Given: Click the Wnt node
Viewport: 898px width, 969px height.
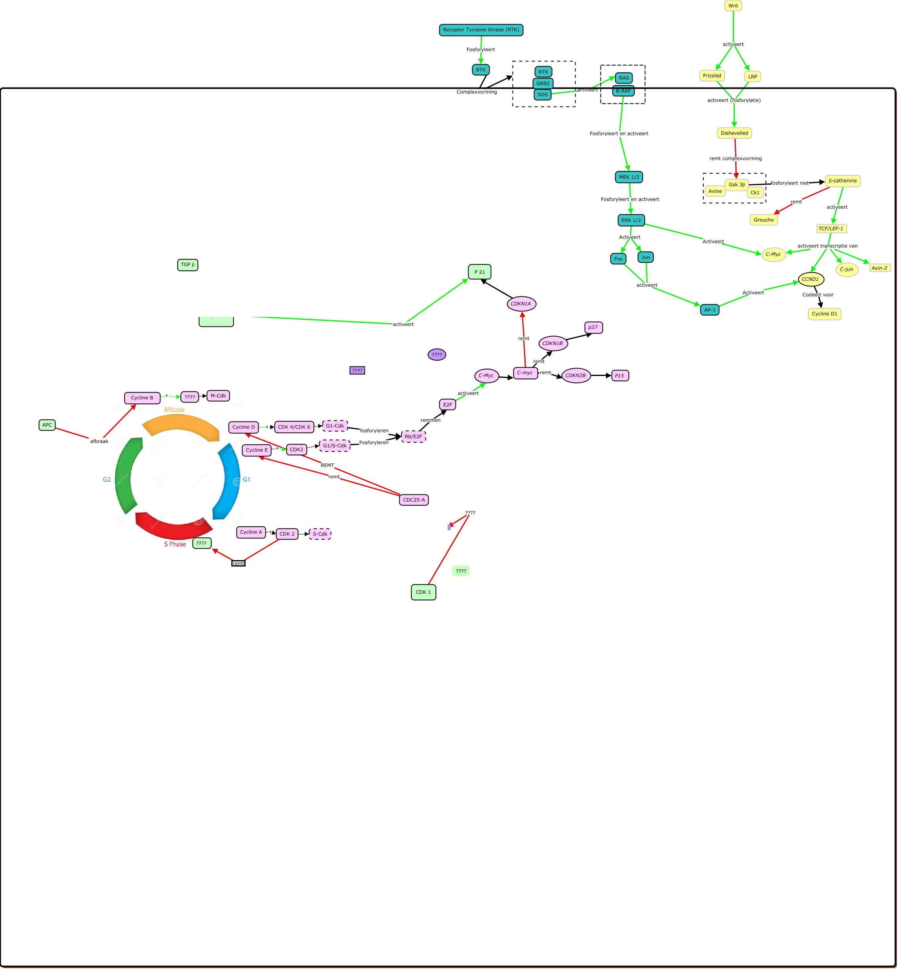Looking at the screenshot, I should [733, 6].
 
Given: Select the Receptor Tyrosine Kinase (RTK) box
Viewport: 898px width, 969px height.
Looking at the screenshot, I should [480, 30].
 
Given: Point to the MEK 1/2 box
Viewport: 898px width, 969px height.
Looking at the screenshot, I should [629, 177].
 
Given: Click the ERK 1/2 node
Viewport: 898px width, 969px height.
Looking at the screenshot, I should [631, 221].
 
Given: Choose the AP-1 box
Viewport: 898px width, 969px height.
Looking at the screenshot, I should [709, 310].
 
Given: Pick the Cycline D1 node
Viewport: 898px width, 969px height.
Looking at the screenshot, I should [824, 314].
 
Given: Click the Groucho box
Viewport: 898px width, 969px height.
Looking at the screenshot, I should [763, 220].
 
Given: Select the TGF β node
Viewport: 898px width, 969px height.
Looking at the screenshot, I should [188, 265].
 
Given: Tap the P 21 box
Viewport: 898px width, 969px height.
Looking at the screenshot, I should [479, 272].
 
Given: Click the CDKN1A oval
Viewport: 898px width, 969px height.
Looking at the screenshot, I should [521, 304].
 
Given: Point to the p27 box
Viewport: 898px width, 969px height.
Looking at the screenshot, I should [593, 328].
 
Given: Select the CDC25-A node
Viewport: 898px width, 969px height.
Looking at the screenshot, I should [414, 500].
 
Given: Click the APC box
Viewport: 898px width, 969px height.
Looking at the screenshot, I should [47, 425].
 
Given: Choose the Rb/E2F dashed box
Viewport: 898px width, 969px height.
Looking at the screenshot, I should [413, 437].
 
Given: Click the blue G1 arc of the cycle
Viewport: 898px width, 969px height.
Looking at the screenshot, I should [229, 481].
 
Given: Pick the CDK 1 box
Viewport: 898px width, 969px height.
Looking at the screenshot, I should [423, 592].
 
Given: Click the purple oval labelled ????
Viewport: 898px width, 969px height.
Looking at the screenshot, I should [437, 355].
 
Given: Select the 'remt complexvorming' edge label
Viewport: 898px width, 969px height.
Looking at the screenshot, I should [735, 158].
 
